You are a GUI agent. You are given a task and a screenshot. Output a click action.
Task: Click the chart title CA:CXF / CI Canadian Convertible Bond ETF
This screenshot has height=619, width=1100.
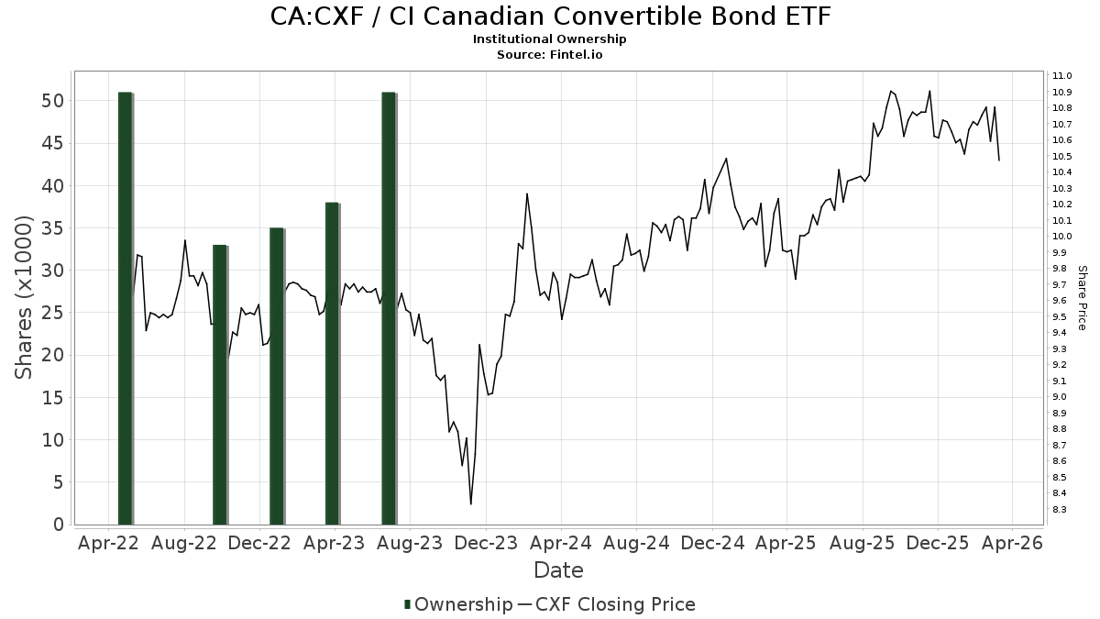[550, 17]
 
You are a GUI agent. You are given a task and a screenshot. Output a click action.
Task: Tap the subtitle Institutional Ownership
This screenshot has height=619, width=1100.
[550, 39]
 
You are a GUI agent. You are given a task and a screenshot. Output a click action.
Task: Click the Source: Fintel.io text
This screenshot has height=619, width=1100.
[550, 54]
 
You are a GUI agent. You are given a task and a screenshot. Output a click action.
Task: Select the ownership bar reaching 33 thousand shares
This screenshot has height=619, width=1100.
[220, 385]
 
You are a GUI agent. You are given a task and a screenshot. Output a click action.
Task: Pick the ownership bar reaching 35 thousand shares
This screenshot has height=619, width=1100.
[277, 376]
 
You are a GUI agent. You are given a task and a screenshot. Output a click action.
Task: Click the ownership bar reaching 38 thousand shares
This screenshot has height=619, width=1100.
[333, 363]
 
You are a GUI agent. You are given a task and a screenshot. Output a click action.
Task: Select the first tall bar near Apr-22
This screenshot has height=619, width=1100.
[126, 308]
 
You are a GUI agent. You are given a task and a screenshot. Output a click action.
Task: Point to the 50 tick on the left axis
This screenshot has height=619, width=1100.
[55, 101]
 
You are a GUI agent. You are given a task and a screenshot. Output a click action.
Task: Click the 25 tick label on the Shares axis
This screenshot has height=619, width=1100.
[55, 313]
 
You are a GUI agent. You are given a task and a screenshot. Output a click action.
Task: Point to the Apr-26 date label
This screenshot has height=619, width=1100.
[1012, 543]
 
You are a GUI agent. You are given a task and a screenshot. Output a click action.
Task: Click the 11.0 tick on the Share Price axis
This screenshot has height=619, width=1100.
[1063, 76]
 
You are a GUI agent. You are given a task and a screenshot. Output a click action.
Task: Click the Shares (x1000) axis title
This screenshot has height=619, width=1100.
[24, 297]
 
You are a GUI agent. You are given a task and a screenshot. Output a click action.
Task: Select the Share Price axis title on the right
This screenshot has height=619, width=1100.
[1082, 297]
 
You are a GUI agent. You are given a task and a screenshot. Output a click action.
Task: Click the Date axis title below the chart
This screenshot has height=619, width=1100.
[558, 570]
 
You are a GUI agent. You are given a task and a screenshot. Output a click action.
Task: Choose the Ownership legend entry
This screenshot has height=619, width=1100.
[458, 604]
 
